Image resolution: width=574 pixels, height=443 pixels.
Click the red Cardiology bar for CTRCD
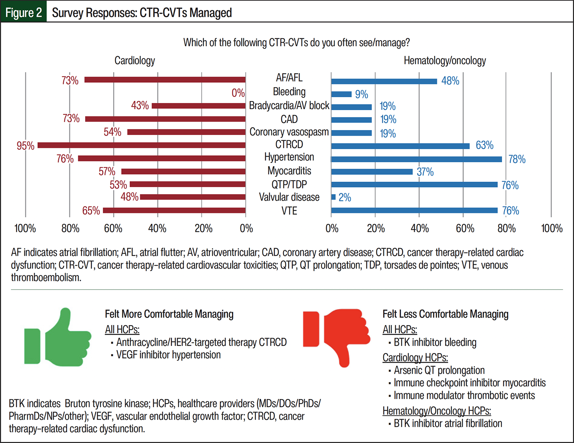pyautogui.click(x=142, y=145)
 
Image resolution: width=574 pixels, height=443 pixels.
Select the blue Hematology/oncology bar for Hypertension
pyautogui.click(x=416, y=159)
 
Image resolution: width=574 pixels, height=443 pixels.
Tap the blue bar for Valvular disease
pyautogui.click(x=333, y=197)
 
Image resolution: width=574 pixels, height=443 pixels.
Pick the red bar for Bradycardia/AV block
pyautogui.click(x=199, y=106)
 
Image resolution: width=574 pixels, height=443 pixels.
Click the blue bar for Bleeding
pyautogui.click(x=341, y=94)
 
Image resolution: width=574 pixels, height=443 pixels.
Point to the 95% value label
pyautogui.click(x=25, y=146)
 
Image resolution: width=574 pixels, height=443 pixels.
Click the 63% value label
pyautogui.click(x=484, y=145)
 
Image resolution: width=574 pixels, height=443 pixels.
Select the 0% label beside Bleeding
pyautogui.click(x=238, y=93)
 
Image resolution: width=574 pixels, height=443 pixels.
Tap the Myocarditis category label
pyautogui.click(x=289, y=171)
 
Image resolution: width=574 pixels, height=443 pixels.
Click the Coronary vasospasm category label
pyautogui.click(x=289, y=132)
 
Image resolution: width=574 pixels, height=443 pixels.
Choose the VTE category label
pyautogui.click(x=289, y=211)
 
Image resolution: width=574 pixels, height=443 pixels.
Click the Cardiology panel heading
pyautogui.click(x=135, y=60)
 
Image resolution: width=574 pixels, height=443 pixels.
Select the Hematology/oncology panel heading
pyautogui.click(x=445, y=60)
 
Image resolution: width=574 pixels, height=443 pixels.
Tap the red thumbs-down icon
pyautogui.click(x=337, y=337)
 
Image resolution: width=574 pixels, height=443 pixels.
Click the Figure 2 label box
pyautogui.click(x=24, y=12)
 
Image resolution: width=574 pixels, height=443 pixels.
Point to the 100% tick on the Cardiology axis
pyautogui.click(x=25, y=228)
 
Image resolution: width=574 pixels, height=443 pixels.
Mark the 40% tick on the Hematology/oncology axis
pyautogui.click(x=419, y=228)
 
